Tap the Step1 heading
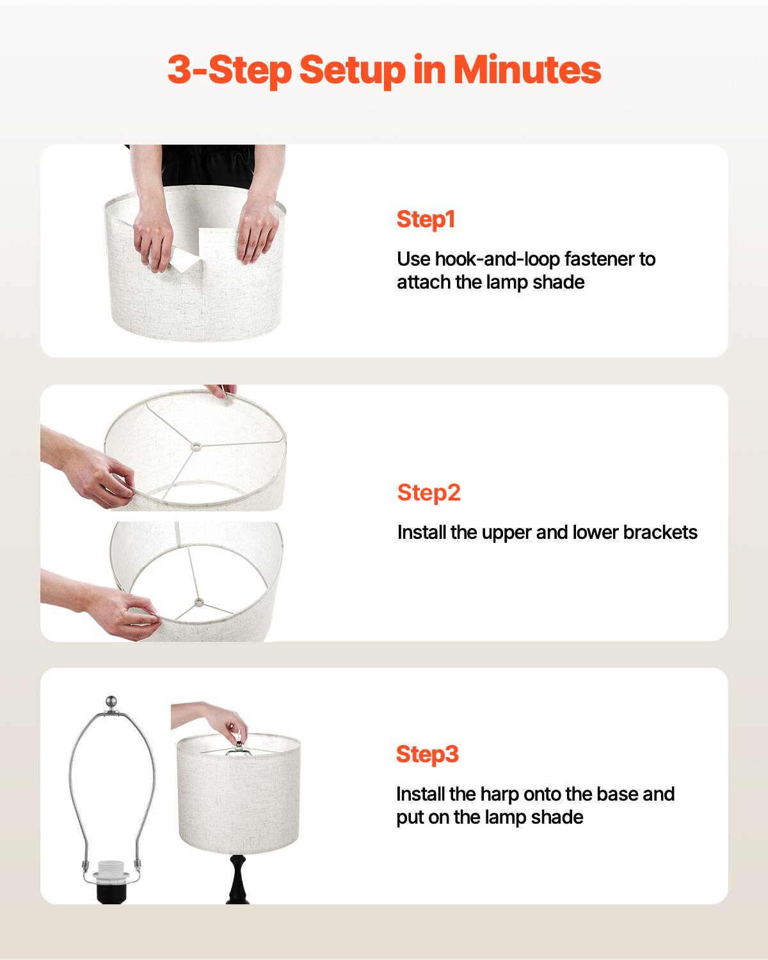pos(426,219)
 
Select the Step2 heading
pos(429,493)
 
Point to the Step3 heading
pos(428,754)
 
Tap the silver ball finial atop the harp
pos(112,701)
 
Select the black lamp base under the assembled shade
pos(237,877)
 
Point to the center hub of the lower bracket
pos(198,602)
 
